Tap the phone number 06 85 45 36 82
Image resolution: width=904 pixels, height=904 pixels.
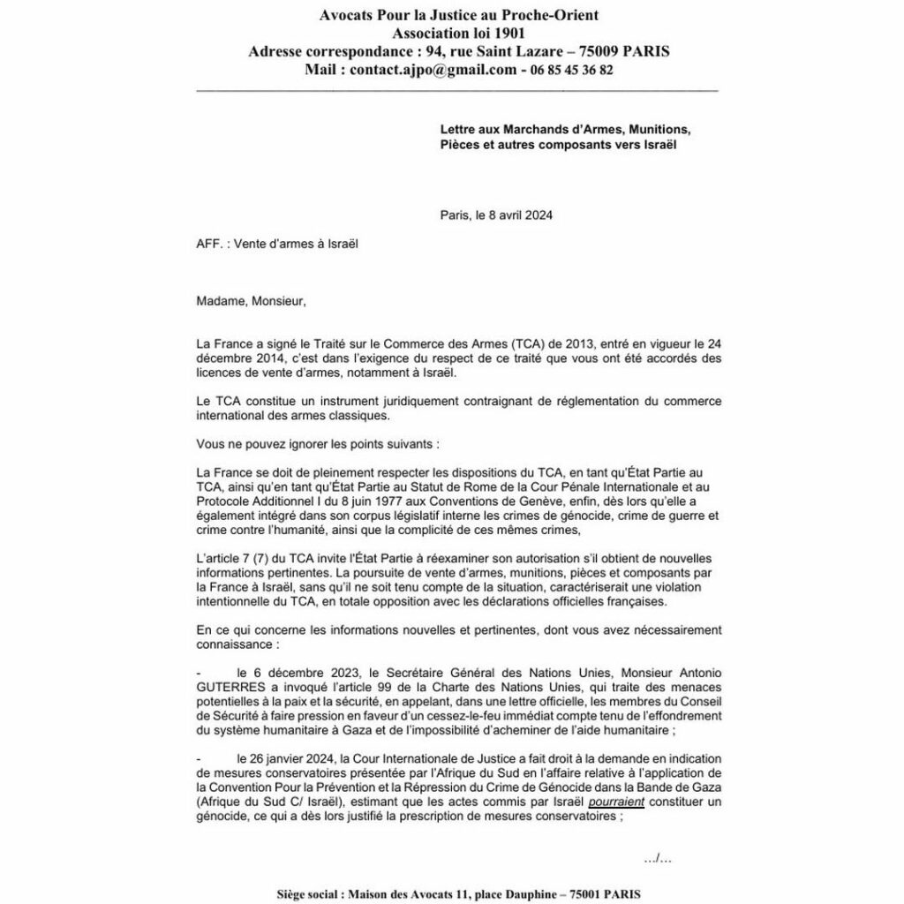coord(571,69)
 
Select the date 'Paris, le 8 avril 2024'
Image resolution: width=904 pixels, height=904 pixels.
coord(496,215)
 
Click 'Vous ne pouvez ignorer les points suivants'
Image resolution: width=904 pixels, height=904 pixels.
coord(316,443)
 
